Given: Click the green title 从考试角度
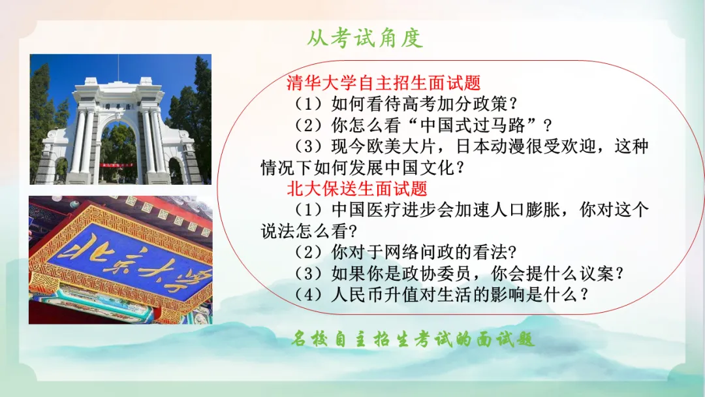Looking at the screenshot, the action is tap(365, 39).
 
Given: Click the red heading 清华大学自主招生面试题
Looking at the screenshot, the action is tap(384, 83).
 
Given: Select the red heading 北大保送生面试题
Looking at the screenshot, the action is tap(357, 189).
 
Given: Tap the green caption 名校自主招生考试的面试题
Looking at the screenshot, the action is tap(413, 338).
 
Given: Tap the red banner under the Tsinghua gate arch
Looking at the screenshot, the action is tap(117, 165).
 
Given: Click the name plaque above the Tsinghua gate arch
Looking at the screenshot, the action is tap(117, 107).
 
